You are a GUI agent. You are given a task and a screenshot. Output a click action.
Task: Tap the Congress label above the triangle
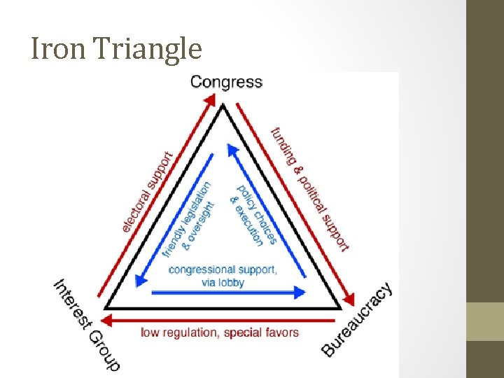[226, 82]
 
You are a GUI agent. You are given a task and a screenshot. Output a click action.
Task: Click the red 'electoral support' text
[148, 191]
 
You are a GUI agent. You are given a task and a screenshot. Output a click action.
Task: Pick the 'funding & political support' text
[310, 188]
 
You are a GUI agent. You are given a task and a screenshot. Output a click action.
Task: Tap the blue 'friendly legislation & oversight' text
[187, 219]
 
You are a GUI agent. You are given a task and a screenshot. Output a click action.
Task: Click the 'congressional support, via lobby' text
[223, 276]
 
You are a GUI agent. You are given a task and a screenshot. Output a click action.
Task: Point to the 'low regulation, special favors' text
[220, 332]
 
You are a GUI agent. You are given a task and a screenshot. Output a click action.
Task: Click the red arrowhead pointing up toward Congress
[210, 101]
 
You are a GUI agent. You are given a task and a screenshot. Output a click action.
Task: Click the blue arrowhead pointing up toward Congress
[230, 148]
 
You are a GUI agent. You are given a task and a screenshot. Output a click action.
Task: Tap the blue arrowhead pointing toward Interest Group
[141, 279]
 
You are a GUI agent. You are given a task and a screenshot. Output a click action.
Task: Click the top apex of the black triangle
[223, 106]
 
